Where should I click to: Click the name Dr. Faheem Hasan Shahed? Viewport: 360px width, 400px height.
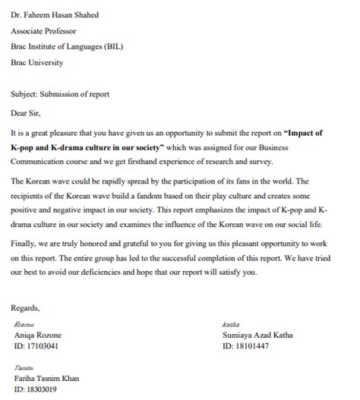(55, 14)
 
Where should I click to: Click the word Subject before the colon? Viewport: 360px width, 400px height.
(25, 94)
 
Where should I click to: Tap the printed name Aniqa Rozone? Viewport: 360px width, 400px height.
(37, 335)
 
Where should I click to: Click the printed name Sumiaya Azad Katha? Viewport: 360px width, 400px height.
(257, 335)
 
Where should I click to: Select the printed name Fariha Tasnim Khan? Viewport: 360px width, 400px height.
(46, 378)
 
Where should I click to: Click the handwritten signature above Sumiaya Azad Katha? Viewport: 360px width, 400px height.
(229, 324)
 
